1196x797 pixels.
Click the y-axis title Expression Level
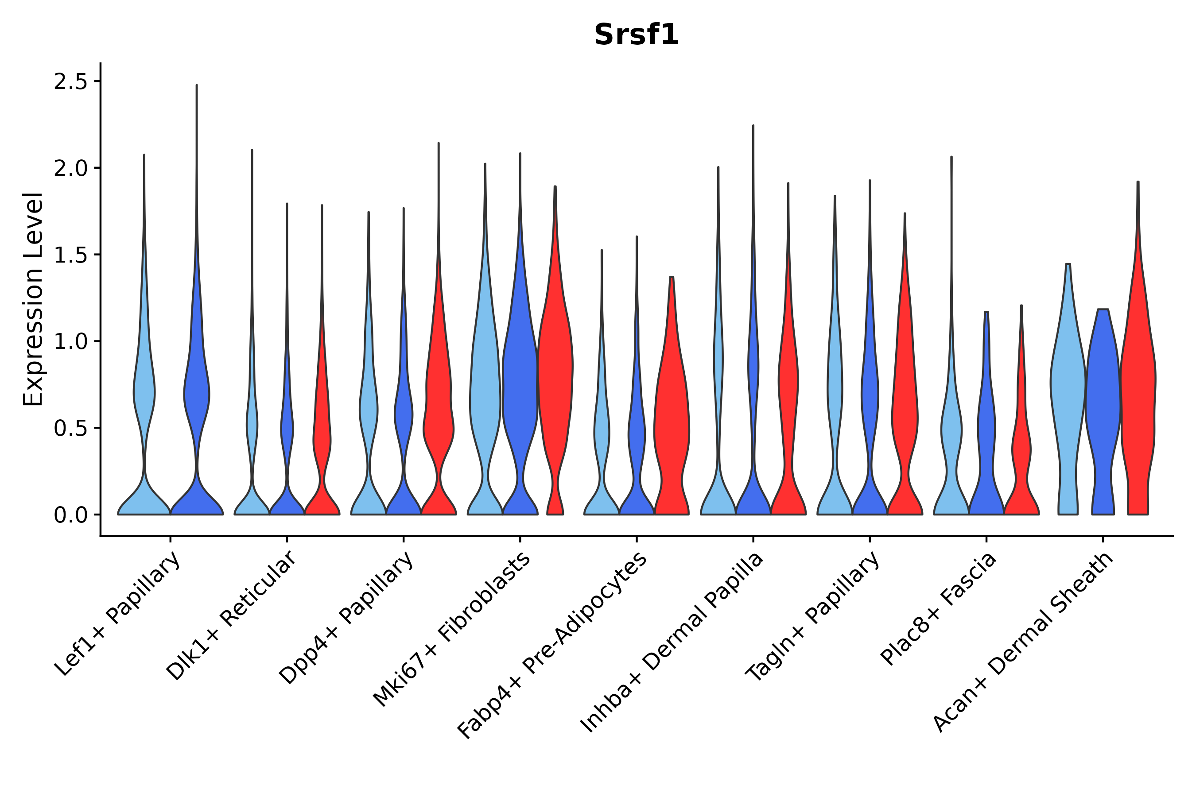[x=33, y=299]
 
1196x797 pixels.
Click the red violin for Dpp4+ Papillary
[x=439, y=406]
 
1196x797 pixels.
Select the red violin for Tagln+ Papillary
[x=905, y=406]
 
